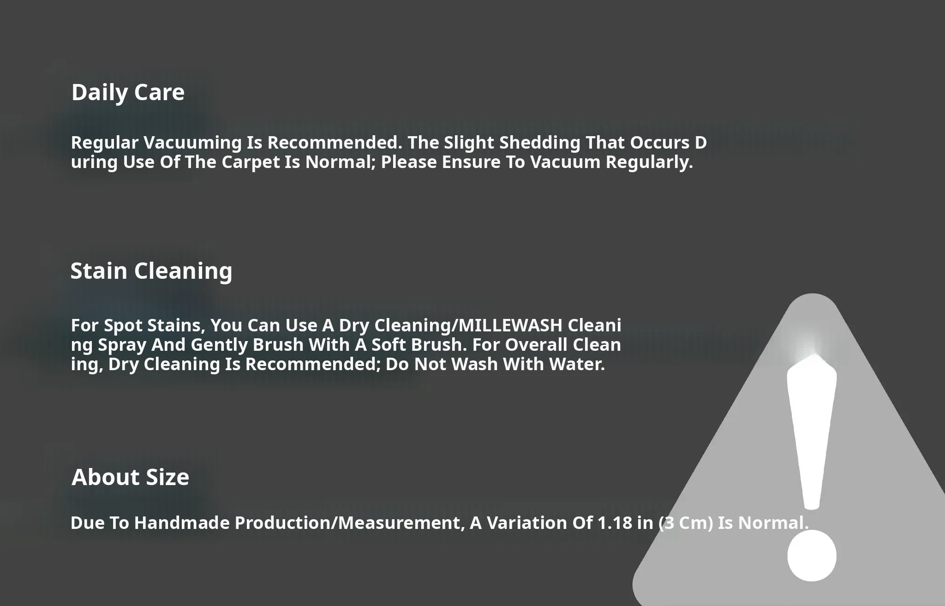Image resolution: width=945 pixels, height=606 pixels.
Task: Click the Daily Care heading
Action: click(x=128, y=93)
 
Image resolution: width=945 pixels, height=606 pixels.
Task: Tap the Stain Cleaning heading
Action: click(x=151, y=271)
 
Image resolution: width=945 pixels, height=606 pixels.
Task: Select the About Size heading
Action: click(x=130, y=477)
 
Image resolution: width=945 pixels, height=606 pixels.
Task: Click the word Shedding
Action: click(x=540, y=143)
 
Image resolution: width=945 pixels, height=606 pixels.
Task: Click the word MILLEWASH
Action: click(x=511, y=325)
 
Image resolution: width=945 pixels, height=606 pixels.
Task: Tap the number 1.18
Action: click(x=615, y=523)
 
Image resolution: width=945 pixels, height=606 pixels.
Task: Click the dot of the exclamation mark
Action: click(x=812, y=556)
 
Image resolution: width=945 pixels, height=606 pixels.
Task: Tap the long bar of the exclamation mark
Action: click(x=812, y=432)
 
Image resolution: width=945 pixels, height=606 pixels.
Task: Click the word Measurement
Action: click(x=402, y=523)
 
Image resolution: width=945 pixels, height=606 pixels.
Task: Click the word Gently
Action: click(x=220, y=346)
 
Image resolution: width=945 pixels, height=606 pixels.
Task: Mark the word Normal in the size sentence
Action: click(x=773, y=523)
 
